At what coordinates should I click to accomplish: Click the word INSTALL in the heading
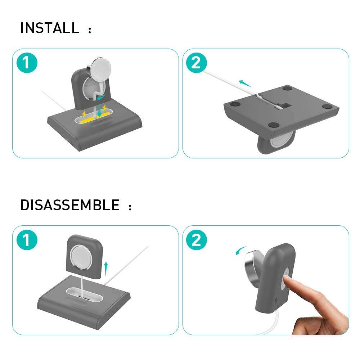pos(50,28)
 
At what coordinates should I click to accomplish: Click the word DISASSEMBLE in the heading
pos(70,205)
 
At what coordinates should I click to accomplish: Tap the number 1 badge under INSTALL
pos(27,63)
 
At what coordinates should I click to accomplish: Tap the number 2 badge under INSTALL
pos(196,63)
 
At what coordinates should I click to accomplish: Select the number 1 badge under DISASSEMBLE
pos(27,239)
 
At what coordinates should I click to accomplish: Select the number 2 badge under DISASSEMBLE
pos(196,239)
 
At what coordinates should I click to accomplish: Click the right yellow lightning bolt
pos(105,108)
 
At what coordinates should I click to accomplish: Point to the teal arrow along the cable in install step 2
pos(245,84)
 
